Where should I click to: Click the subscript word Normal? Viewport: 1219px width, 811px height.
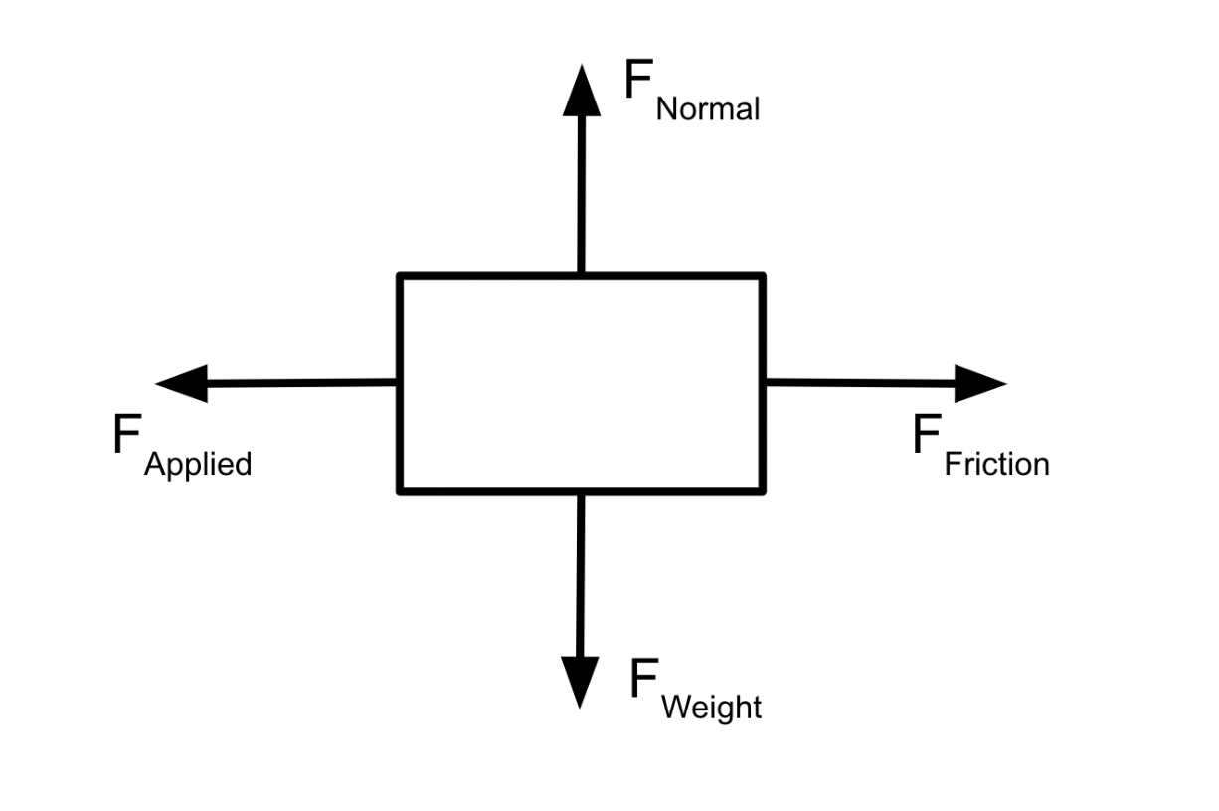tap(708, 108)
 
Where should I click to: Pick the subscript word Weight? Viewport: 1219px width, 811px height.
tap(712, 709)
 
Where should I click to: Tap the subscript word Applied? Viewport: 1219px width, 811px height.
tap(198, 465)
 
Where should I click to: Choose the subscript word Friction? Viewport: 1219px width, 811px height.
tap(997, 464)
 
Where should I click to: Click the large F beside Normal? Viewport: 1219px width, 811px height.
tap(638, 79)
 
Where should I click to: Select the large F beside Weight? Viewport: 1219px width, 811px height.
tap(644, 678)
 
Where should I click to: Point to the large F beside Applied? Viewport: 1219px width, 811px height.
tap(127, 433)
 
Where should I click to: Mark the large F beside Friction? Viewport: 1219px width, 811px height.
tap(927, 433)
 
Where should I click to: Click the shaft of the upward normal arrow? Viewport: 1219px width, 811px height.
tap(582, 194)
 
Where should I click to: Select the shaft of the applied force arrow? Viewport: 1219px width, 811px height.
tap(302, 383)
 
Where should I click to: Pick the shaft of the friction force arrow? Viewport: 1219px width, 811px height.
tap(860, 383)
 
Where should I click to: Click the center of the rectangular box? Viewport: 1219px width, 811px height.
tap(582, 383)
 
